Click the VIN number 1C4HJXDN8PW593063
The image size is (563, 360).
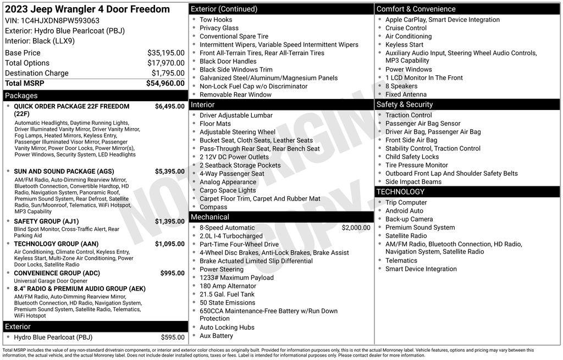click(60, 21)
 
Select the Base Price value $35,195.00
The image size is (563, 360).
click(165, 53)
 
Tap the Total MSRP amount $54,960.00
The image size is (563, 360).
click(165, 84)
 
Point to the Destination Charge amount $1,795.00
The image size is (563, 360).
click(168, 73)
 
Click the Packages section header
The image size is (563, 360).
click(21, 96)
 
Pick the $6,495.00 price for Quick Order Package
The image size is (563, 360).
click(169, 107)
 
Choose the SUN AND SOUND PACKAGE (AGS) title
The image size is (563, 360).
click(64, 171)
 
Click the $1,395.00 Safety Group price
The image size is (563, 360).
click(169, 221)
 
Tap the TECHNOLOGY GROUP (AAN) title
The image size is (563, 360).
click(56, 244)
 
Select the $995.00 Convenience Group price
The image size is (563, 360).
click(172, 273)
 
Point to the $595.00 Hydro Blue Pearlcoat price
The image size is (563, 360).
click(173, 337)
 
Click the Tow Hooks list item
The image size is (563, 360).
click(216, 20)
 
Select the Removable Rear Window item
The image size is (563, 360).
click(235, 95)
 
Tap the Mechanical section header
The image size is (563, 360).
click(209, 217)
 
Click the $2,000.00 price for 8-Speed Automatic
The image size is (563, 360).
click(356, 228)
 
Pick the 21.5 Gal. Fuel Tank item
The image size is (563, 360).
click(227, 295)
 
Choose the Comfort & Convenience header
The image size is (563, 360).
click(416, 9)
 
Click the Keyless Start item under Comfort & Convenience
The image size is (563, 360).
click(404, 45)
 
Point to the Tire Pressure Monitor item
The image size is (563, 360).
click(416, 165)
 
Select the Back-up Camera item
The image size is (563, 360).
click(409, 219)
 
